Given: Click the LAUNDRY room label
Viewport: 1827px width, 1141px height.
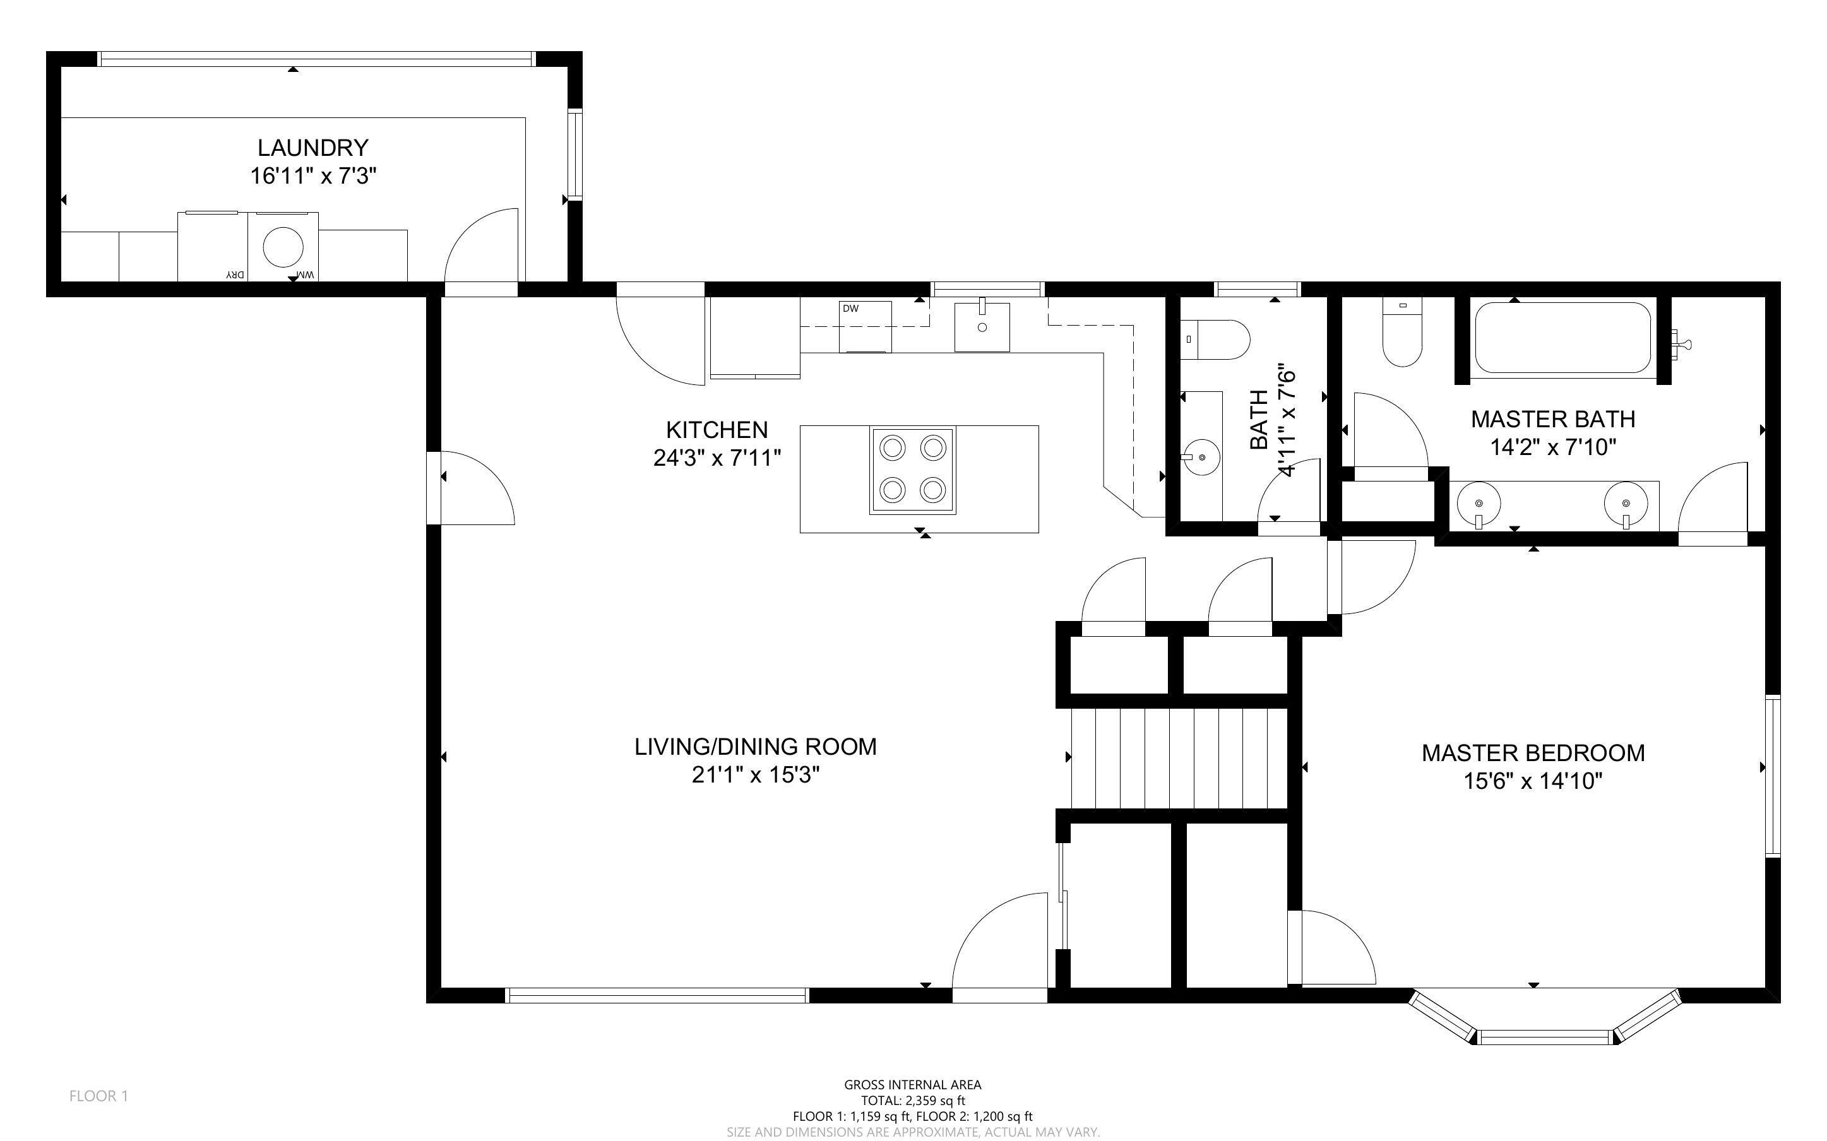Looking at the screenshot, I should point(312,148).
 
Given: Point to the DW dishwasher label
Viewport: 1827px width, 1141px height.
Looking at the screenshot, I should point(850,309).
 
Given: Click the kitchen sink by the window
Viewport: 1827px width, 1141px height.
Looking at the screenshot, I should point(982,327).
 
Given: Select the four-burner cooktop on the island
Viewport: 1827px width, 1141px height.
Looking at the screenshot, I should point(912,470).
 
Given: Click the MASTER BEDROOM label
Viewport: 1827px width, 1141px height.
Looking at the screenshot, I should point(1533,752).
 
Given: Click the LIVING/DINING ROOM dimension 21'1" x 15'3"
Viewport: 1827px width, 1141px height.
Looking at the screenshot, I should point(756,775).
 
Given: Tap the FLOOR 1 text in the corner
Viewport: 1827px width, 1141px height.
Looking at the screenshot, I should point(99,1096).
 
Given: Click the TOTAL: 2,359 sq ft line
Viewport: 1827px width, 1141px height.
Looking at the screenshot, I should point(912,1100).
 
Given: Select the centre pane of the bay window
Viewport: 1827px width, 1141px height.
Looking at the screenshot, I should point(1544,1037).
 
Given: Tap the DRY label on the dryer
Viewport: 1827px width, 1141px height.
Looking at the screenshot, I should point(235,275).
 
